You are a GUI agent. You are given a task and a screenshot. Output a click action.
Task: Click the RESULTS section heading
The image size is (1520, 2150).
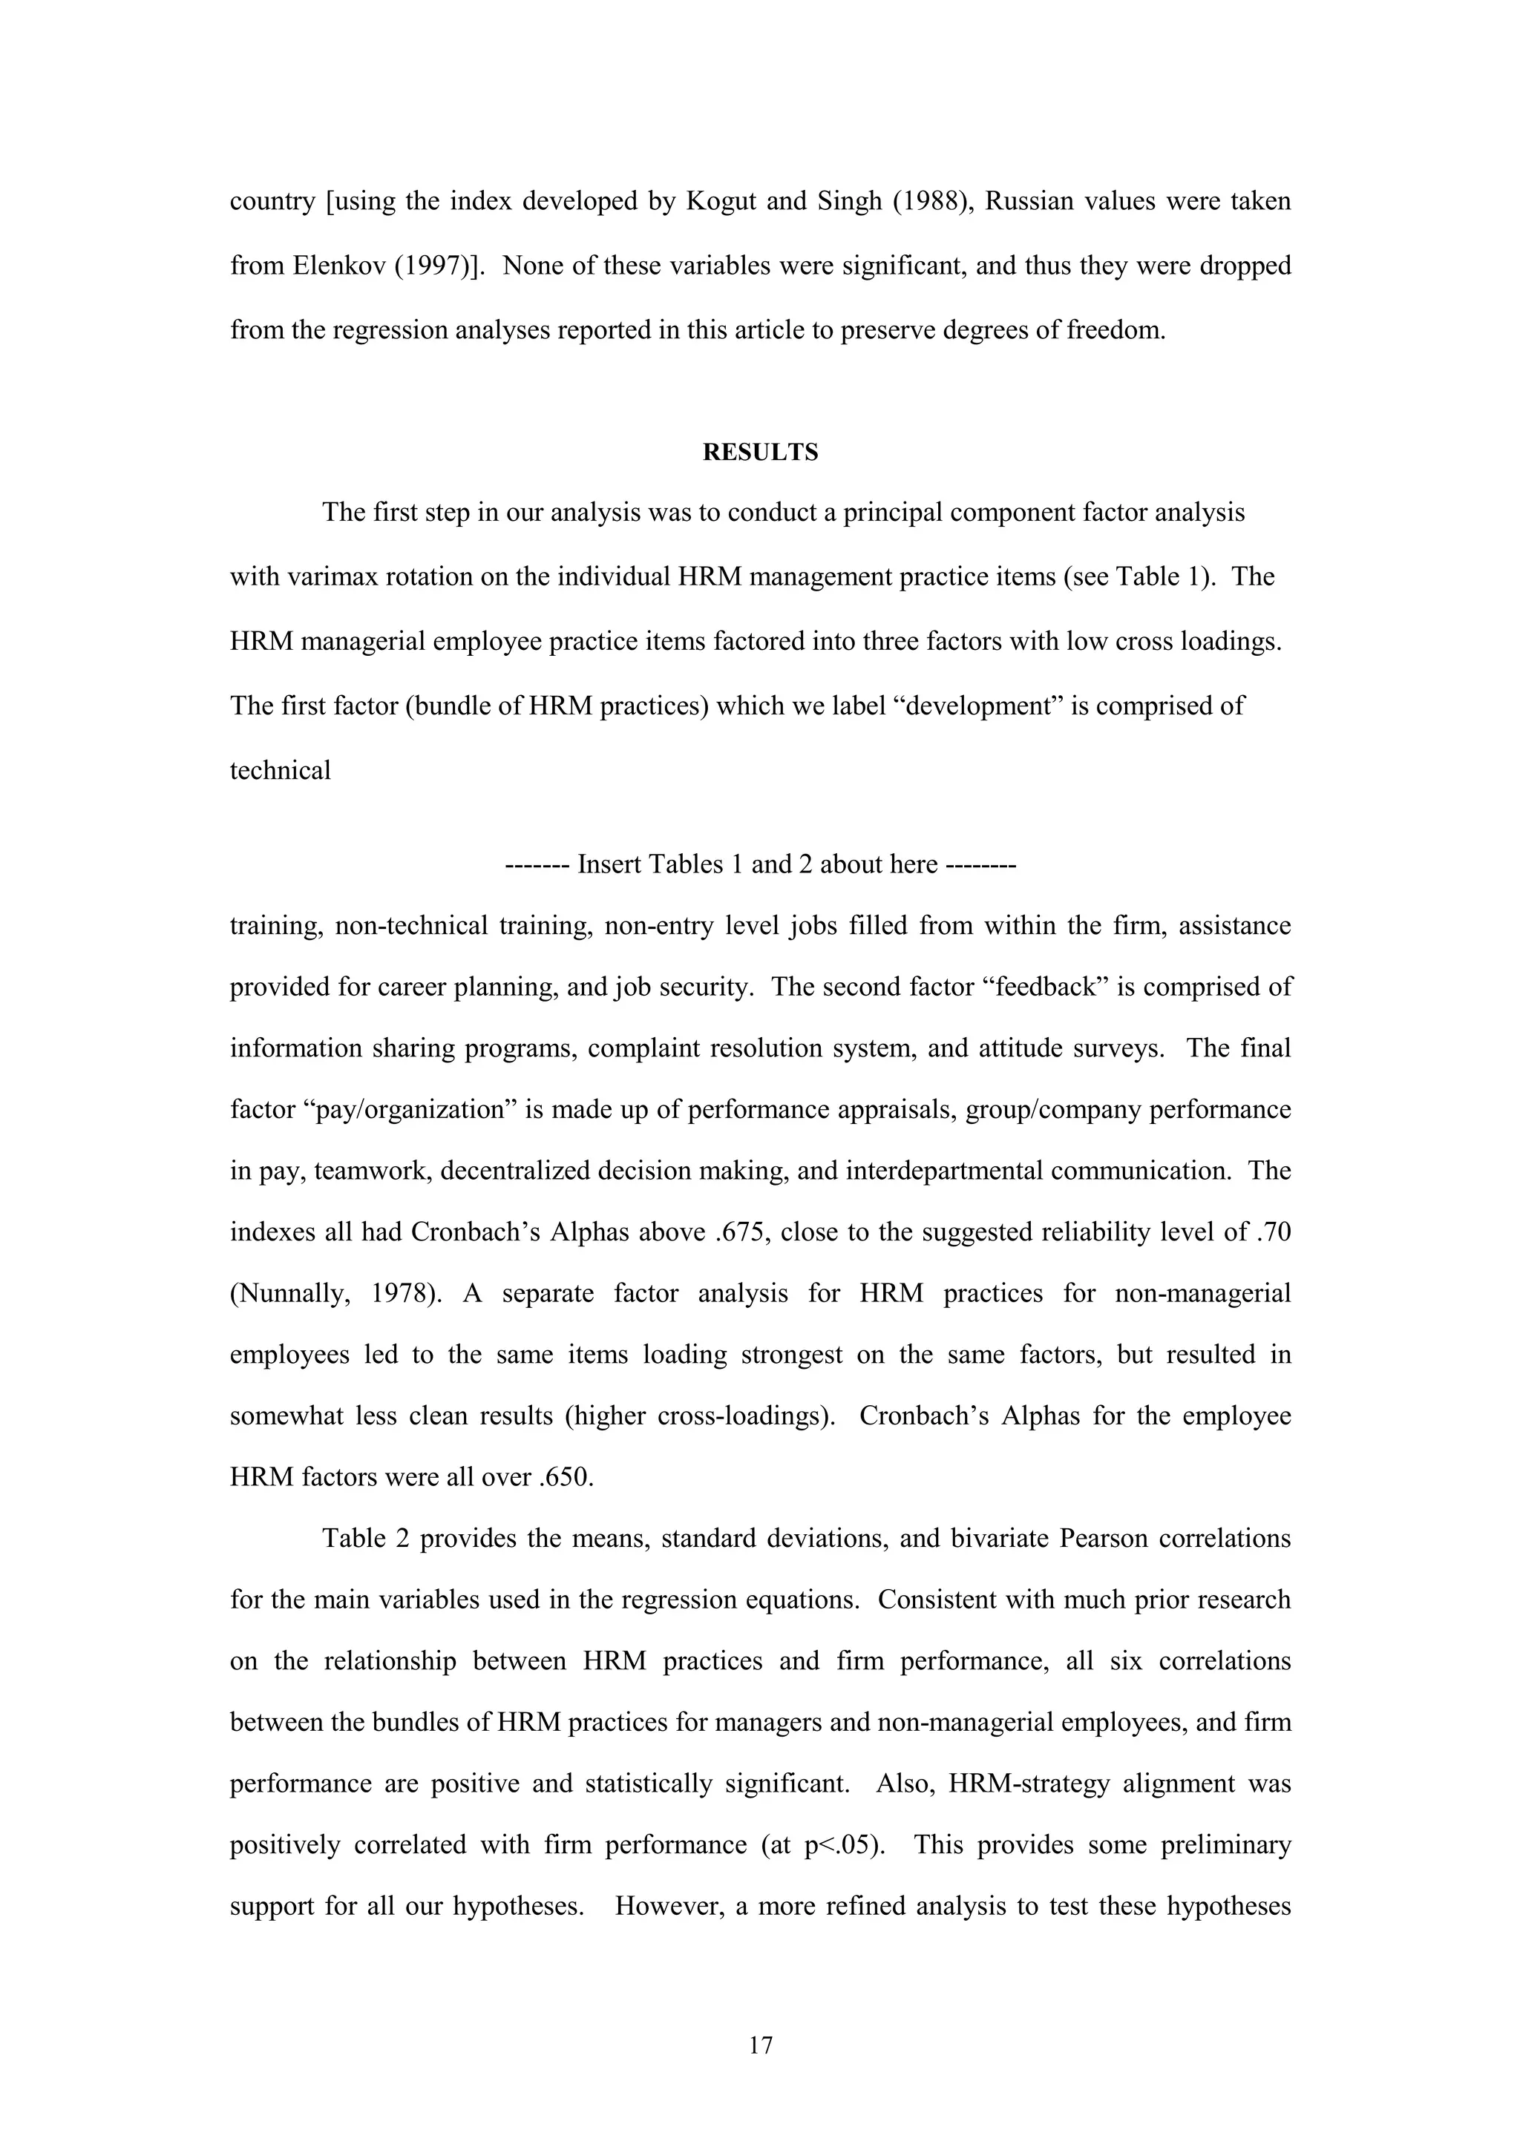click(x=759, y=453)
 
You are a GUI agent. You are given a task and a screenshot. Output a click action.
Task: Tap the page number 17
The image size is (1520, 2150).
click(x=761, y=2045)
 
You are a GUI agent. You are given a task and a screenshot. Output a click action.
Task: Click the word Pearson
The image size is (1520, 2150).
click(x=1102, y=1539)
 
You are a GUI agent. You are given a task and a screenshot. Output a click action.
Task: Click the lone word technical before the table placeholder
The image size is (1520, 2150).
click(x=280, y=770)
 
